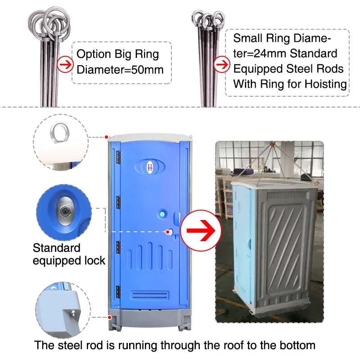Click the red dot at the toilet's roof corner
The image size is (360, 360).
(x=106, y=136)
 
